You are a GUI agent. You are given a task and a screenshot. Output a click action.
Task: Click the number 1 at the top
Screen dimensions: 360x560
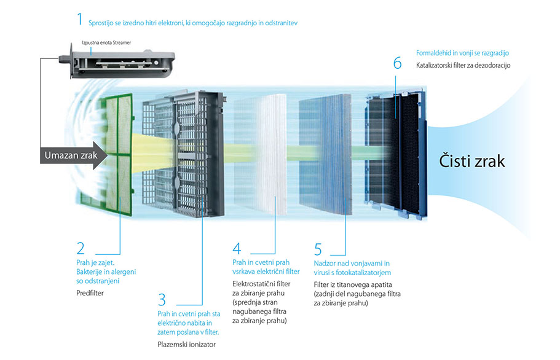[x=79, y=18]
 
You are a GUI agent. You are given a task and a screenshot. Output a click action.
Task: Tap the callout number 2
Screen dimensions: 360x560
[x=81, y=248]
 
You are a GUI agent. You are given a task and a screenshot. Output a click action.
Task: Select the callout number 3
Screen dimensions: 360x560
[x=162, y=300]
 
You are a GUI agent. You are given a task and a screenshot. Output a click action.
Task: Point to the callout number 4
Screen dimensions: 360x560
[x=237, y=249]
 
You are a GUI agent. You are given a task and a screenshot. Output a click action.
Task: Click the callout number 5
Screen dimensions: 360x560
[x=318, y=249]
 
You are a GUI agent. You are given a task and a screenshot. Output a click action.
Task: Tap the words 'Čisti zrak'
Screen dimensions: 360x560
[x=472, y=161]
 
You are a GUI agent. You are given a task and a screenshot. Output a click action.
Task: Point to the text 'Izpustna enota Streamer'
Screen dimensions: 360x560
[x=107, y=42]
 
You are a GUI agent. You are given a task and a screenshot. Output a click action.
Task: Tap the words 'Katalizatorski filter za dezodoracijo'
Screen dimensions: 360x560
[x=463, y=65]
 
